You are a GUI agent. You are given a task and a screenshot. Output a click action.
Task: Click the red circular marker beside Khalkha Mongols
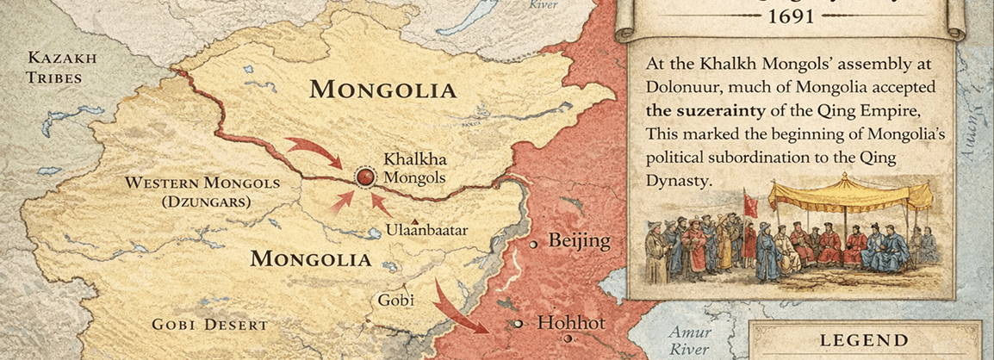pyautogui.click(x=365, y=177)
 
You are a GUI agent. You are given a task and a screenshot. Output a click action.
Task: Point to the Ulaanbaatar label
pyautogui.click(x=427, y=230)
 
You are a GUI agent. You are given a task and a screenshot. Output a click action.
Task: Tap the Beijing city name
pyautogui.click(x=579, y=241)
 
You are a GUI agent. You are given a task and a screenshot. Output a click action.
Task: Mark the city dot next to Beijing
pyautogui.click(x=534, y=245)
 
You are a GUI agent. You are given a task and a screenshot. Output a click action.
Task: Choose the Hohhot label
pyautogui.click(x=571, y=324)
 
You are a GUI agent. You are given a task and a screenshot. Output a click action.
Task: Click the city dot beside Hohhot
pyautogui.click(x=519, y=324)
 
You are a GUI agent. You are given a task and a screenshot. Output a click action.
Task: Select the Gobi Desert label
pyautogui.click(x=209, y=325)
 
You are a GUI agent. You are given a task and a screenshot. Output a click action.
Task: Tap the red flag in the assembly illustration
pyautogui.click(x=750, y=205)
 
